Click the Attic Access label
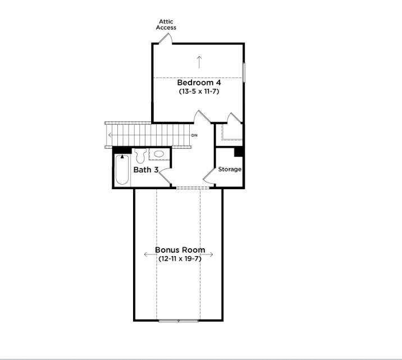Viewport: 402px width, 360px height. (x=166, y=25)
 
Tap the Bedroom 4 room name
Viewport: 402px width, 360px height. (x=198, y=83)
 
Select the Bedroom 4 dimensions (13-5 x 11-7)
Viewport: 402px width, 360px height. (x=198, y=90)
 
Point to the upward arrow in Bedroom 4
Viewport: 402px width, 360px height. (x=199, y=61)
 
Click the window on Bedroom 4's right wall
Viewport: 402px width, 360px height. (x=244, y=72)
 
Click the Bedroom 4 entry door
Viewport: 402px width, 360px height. (x=201, y=117)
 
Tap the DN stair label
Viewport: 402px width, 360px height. (x=194, y=135)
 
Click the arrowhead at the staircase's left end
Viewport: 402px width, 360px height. (x=110, y=135)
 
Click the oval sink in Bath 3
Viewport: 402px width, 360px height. (x=159, y=153)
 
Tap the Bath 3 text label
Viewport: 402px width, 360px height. (x=145, y=169)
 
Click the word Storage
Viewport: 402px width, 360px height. (x=230, y=169)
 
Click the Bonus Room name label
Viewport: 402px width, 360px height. (x=180, y=250)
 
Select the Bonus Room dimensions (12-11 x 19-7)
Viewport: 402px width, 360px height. (x=180, y=258)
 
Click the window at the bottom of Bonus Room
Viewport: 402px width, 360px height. (x=179, y=321)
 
